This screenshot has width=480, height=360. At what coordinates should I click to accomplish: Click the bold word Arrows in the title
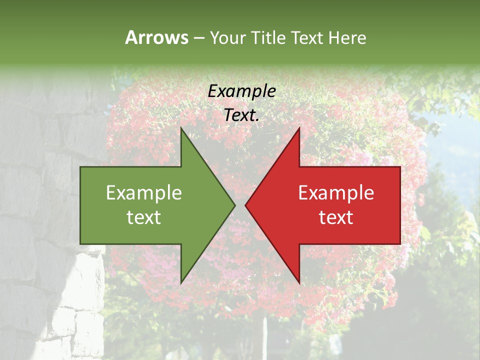point(156,37)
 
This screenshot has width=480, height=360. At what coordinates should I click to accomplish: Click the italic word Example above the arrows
point(241,91)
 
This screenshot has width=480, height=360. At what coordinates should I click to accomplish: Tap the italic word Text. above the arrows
point(241,115)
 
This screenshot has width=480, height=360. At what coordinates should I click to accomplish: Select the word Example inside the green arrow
point(143,193)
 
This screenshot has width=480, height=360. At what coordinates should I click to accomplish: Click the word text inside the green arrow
point(143,217)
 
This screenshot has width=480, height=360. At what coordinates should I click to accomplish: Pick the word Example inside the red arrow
point(336,193)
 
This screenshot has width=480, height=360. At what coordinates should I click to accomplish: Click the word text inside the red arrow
point(336,217)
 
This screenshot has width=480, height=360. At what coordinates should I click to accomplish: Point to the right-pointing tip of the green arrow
point(235,205)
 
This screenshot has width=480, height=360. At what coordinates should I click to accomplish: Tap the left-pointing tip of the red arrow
point(245,205)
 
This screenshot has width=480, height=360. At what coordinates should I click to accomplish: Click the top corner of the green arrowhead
point(181,127)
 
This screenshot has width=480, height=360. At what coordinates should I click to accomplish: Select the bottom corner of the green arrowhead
point(181,283)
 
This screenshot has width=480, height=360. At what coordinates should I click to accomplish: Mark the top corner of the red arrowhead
point(299,127)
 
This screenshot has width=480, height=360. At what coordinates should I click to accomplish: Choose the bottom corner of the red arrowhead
point(299,283)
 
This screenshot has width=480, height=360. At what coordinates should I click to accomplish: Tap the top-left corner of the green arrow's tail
point(80,167)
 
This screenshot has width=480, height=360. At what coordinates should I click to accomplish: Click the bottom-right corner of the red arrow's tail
point(400,243)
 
